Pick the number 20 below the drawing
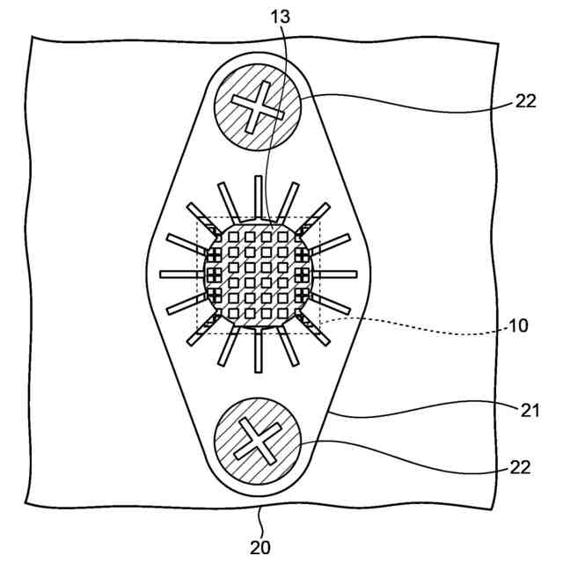tap(260, 547)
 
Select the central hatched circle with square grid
tap(258, 273)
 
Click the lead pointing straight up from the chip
tap(259, 195)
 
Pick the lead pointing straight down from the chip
tap(259, 352)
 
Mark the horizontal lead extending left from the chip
tap(180, 274)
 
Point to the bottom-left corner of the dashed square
tap(197, 333)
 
